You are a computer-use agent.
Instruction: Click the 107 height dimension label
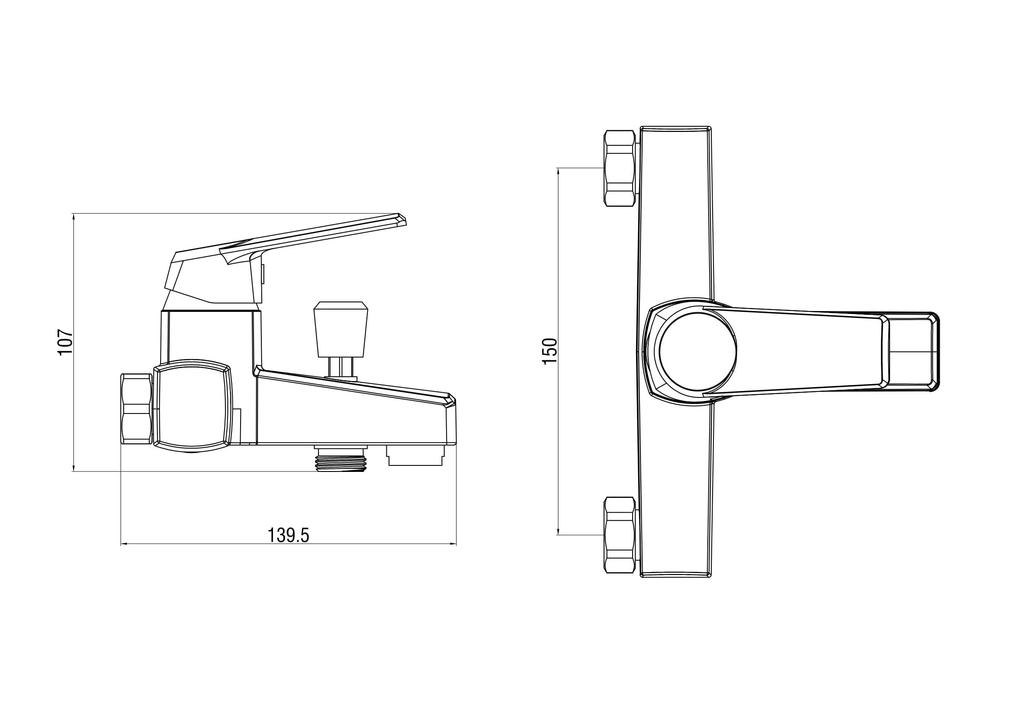(x=65, y=341)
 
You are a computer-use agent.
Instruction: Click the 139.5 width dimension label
(x=289, y=535)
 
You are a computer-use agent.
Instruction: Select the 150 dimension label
(x=550, y=351)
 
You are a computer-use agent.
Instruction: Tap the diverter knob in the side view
(x=340, y=329)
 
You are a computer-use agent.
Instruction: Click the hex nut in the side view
(x=137, y=408)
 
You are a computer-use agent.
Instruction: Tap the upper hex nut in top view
(x=620, y=168)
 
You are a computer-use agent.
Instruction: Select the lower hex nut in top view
(x=620, y=535)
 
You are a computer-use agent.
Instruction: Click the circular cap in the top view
(x=698, y=352)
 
